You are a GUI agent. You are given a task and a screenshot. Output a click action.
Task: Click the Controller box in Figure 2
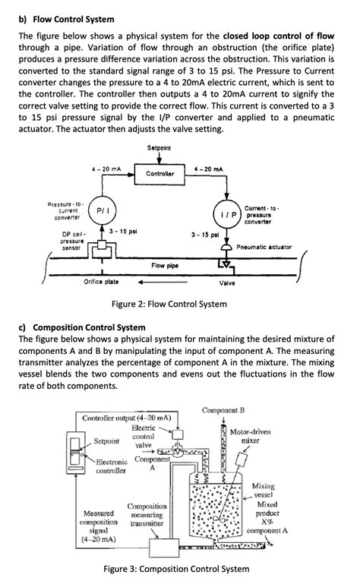pos(161,174)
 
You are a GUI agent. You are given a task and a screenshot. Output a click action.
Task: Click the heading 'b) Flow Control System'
pos(66,18)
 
